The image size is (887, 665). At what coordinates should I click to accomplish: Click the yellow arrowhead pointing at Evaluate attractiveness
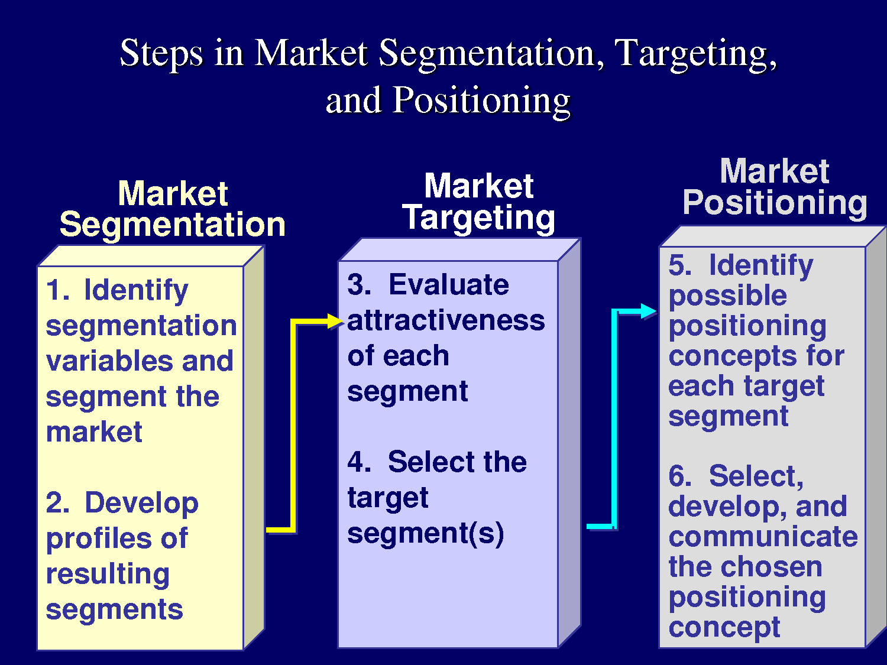click(x=335, y=321)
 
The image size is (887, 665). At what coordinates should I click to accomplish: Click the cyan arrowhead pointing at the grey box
click(x=649, y=312)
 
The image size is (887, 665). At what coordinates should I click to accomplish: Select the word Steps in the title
click(x=161, y=54)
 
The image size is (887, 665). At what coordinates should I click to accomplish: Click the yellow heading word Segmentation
click(x=173, y=225)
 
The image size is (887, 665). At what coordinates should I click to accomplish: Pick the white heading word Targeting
click(x=479, y=219)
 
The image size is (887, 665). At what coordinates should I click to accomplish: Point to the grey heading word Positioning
click(x=775, y=203)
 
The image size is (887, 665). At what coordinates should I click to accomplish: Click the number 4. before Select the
click(x=360, y=462)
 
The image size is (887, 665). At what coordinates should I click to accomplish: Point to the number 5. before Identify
click(x=679, y=265)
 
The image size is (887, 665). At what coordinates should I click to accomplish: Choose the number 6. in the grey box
click(x=679, y=476)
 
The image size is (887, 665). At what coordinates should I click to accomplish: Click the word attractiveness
click(x=446, y=320)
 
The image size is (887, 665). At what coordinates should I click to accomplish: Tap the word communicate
click(x=763, y=537)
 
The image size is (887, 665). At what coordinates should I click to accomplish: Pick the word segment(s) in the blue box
click(x=426, y=533)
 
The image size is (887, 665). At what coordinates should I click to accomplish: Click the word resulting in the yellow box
click(x=108, y=574)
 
